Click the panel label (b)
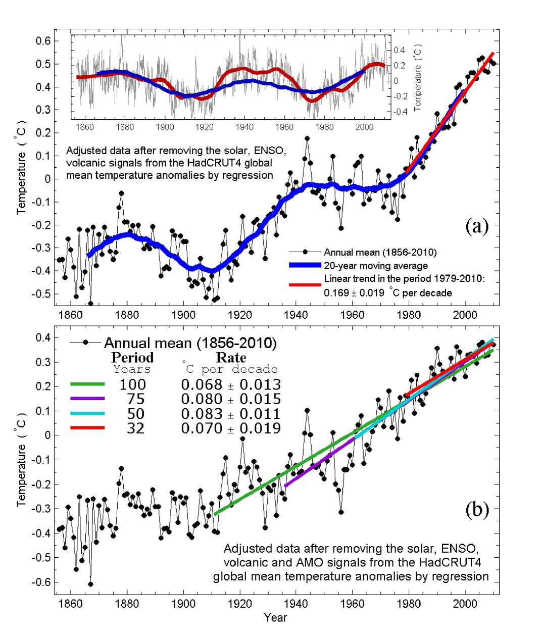[x=476, y=510]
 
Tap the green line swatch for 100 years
[x=87, y=384]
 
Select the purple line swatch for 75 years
[x=87, y=399]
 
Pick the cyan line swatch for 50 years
[x=87, y=414]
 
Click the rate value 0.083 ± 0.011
[x=230, y=414]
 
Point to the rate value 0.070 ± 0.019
[x=230, y=428]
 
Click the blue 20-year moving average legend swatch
[x=305, y=265]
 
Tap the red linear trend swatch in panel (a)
[x=305, y=285]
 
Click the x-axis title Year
[x=275, y=617]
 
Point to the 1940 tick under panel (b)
[x=296, y=604]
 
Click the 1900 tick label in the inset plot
[x=165, y=127]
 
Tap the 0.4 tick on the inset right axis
[x=399, y=50]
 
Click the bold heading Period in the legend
[x=132, y=358]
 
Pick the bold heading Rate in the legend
[x=231, y=358]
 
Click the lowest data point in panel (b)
[x=90, y=584]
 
